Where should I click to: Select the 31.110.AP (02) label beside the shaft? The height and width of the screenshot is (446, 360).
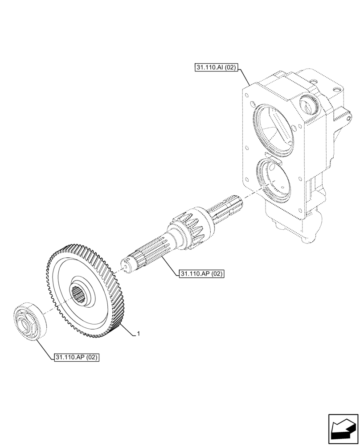[x=201, y=273]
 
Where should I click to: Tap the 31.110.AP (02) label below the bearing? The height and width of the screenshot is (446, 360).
[x=76, y=357]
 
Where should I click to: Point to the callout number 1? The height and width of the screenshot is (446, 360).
[x=139, y=334]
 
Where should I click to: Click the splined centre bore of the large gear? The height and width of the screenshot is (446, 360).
[x=82, y=295]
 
